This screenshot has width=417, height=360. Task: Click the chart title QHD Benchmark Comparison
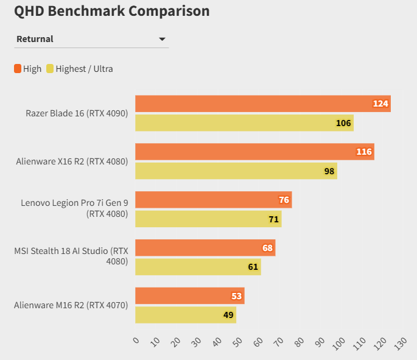click(112, 12)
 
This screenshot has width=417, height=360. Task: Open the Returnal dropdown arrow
click(162, 39)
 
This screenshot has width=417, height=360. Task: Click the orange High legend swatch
click(18, 69)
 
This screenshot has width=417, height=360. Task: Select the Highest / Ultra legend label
click(84, 69)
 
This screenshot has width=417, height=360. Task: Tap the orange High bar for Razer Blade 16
click(262, 104)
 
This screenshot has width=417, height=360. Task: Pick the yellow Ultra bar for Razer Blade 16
click(244, 123)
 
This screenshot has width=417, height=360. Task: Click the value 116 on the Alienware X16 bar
click(364, 152)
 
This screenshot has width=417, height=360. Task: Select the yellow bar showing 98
click(236, 171)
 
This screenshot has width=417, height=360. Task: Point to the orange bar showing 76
click(213, 200)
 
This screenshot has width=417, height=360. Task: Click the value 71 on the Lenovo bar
click(274, 219)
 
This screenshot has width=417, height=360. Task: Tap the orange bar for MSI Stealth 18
click(205, 248)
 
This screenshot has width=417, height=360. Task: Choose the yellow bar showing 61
click(198, 267)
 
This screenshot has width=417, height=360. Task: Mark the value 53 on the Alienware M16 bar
click(237, 296)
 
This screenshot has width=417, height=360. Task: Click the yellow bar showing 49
click(185, 315)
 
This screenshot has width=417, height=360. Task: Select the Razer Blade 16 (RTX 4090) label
click(77, 113)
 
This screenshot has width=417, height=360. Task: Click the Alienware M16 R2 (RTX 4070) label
click(71, 305)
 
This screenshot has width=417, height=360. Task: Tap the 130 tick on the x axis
click(400, 343)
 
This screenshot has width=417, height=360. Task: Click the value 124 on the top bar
click(380, 104)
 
